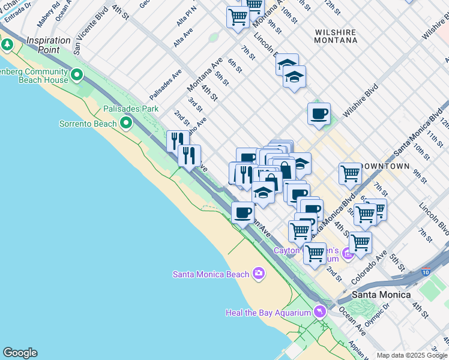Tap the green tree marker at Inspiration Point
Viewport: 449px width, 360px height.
click(7, 44)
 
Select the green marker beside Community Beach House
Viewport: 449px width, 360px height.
click(77, 75)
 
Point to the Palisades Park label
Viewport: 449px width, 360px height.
click(130, 109)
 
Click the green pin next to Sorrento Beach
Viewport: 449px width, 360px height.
click(125, 124)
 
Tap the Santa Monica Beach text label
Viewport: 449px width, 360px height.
click(210, 274)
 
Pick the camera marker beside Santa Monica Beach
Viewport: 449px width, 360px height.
click(259, 274)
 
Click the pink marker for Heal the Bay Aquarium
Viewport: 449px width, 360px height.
click(319, 312)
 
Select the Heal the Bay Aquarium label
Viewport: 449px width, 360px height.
click(268, 313)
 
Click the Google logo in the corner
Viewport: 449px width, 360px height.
click(20, 353)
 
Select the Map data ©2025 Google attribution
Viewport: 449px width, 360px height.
click(412, 355)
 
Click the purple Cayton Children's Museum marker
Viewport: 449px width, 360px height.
click(347, 254)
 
